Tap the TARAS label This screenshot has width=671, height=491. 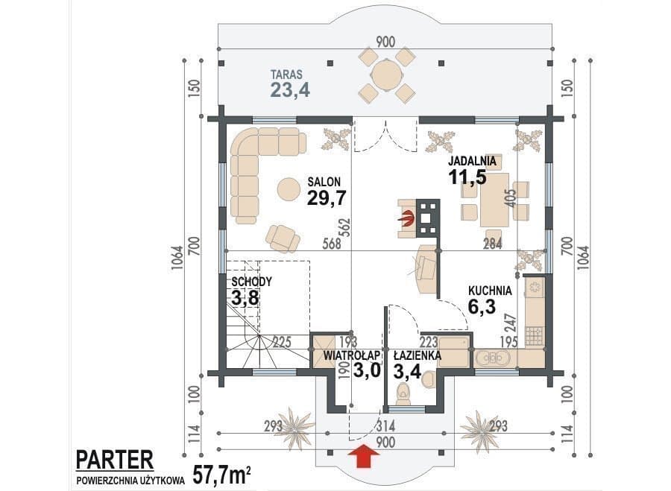click(x=286, y=74)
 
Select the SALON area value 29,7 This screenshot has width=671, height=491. click(x=327, y=198)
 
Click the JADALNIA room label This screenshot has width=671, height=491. click(x=472, y=161)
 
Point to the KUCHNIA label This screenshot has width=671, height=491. click(x=490, y=291)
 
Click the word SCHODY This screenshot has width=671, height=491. click(x=252, y=282)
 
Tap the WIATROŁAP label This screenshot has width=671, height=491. click(x=352, y=355)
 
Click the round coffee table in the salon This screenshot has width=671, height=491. click(x=289, y=189)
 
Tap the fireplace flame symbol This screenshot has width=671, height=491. click(x=407, y=218)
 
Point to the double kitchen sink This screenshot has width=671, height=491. click(x=492, y=358)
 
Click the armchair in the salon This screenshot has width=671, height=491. click(x=282, y=238)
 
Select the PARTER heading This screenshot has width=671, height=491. click(x=114, y=460)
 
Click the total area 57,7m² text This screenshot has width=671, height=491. click(x=221, y=474)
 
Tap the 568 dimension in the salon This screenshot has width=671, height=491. click(x=332, y=244)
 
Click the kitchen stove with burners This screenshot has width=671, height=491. click(x=534, y=336)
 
